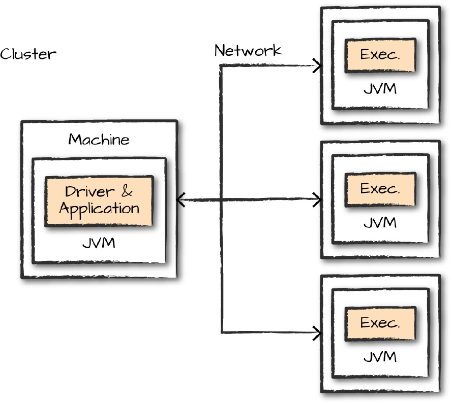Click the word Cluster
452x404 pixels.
[28, 54]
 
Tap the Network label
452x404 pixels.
[248, 50]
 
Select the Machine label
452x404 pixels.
[99, 139]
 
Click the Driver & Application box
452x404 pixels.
[99, 200]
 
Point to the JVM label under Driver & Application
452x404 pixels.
[99, 243]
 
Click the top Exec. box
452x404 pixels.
[380, 55]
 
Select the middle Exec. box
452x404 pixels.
[380, 189]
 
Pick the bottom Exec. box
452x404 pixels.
[380, 323]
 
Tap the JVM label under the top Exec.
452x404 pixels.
[380, 89]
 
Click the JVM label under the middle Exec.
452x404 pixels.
[380, 223]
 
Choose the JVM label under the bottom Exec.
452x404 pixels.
[380, 357]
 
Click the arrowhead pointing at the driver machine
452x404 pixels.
[180, 200]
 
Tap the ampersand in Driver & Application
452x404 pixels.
[127, 192]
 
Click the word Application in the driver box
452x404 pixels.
[99, 208]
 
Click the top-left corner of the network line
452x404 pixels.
[221, 66]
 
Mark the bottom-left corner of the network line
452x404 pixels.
[222, 333]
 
